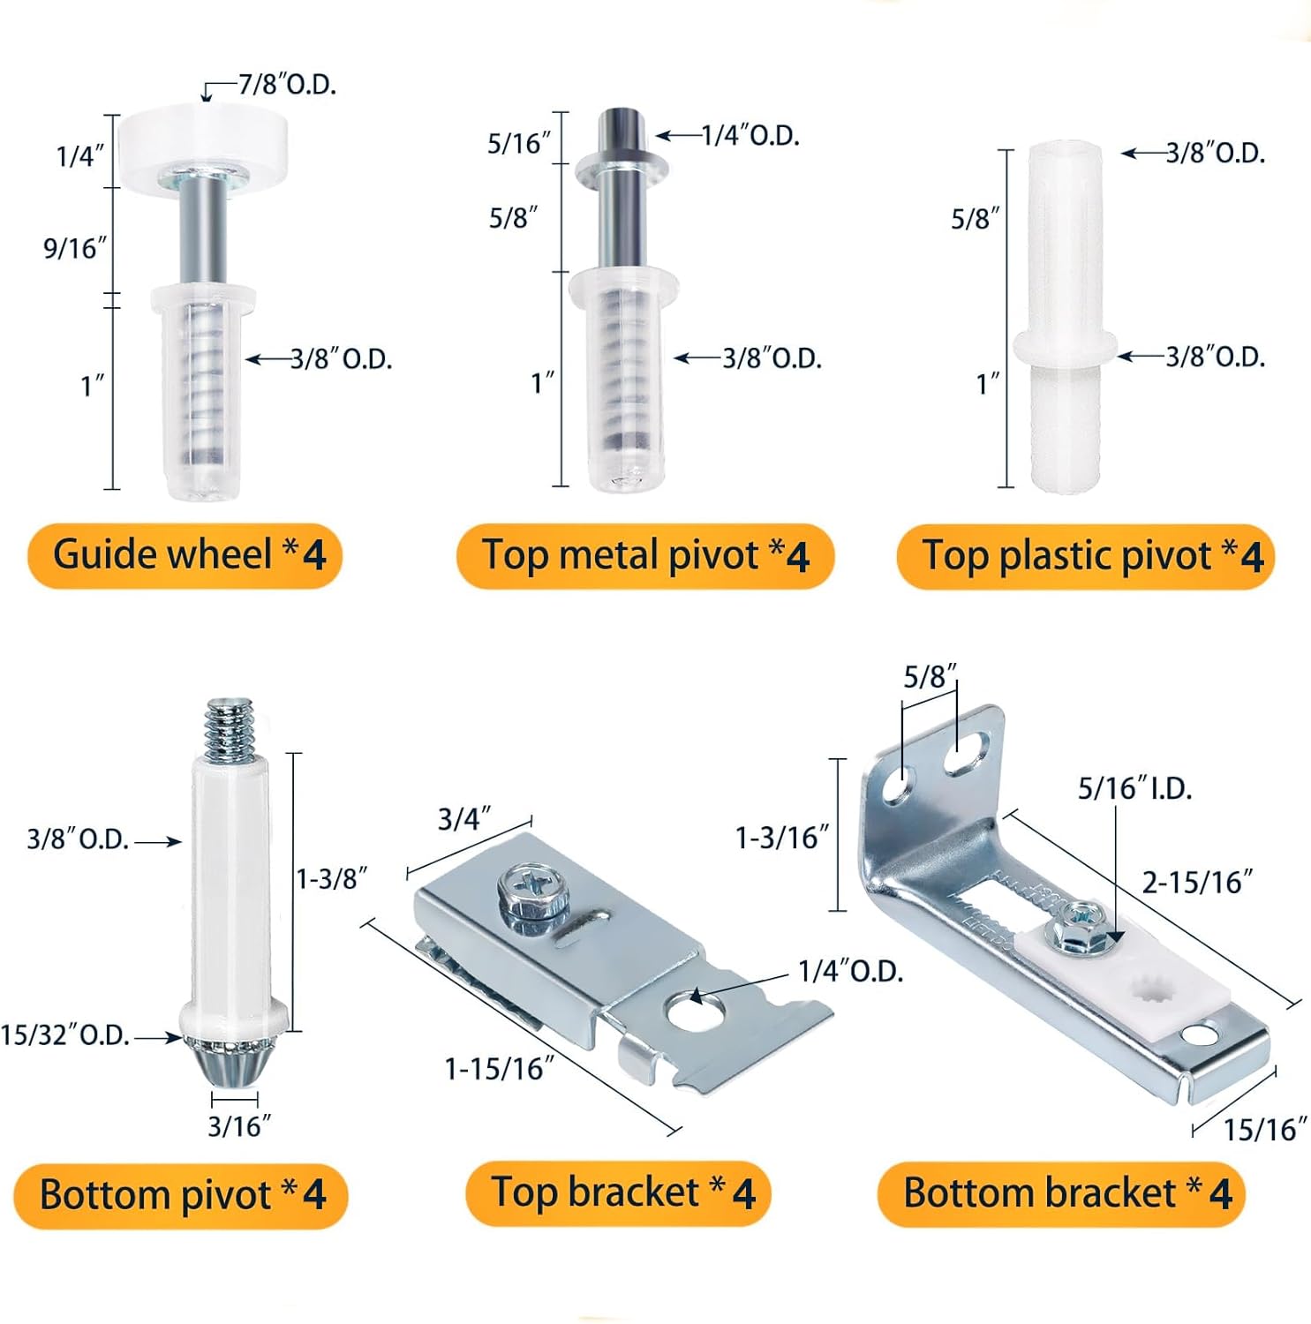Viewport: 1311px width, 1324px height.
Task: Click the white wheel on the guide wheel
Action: coord(205,136)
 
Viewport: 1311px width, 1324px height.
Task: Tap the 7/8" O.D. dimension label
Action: coord(288,85)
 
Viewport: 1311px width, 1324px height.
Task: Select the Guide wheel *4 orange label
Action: coord(185,555)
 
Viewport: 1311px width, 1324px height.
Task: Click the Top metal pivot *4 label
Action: coord(645,556)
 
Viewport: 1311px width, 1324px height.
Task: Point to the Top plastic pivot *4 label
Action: coord(1086,556)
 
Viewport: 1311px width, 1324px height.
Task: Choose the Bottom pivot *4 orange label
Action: coord(181,1195)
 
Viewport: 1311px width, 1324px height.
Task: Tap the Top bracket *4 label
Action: coord(619,1193)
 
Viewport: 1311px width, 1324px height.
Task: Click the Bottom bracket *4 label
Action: coord(1061,1193)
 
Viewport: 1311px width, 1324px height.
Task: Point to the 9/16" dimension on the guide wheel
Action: coord(75,248)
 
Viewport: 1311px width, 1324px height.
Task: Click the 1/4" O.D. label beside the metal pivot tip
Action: coord(751,135)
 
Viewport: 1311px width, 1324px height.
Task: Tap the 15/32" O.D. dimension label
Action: coord(65,1034)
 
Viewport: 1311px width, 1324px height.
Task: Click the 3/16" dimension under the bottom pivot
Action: coord(239,1126)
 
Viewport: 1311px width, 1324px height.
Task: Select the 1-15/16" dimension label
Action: coord(500,1069)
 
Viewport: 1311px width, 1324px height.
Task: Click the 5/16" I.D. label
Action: coord(1135,788)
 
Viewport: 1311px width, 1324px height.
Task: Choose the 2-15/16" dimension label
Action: coord(1198,882)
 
